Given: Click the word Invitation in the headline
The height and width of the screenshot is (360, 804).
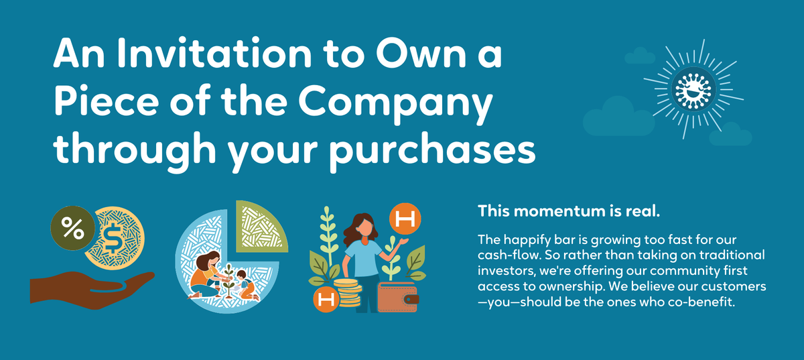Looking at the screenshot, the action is [x=214, y=53].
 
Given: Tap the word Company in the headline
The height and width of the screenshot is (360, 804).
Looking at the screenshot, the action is [x=395, y=103].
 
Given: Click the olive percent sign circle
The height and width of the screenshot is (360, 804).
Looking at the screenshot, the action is [x=73, y=228].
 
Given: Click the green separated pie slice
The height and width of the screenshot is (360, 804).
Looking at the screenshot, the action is [x=261, y=227].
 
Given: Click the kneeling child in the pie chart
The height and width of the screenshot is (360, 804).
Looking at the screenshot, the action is [x=247, y=286].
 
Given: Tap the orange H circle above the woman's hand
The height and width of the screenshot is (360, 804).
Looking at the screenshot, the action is [x=405, y=219].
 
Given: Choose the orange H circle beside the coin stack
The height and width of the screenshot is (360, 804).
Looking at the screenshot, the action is [x=326, y=299].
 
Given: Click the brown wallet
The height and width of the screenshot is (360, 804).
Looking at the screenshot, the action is [x=398, y=297].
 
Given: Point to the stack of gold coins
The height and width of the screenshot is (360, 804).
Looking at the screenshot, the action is [x=347, y=293].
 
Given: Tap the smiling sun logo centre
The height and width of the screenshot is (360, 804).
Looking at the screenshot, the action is [x=693, y=88].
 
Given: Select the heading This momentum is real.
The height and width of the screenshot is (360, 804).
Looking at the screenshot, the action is [x=569, y=211].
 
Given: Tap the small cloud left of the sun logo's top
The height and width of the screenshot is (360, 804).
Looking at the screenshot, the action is [x=640, y=56].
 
